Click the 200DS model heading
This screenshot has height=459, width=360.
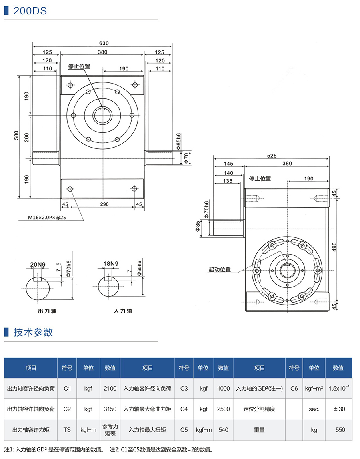(x=30, y=10)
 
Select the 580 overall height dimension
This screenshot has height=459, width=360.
(x=16, y=136)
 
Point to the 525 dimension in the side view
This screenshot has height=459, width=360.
(x=272, y=156)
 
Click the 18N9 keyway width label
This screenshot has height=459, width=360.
(x=111, y=264)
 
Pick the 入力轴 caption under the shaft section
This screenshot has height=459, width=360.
(x=123, y=311)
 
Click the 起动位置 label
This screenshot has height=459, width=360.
(x=220, y=269)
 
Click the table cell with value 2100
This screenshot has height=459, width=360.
(x=110, y=388)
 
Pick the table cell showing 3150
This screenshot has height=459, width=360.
(x=110, y=409)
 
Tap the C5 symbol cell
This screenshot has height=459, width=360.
(x=184, y=430)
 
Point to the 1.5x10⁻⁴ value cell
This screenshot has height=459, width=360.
(x=338, y=388)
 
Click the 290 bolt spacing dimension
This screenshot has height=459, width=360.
(x=104, y=204)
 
